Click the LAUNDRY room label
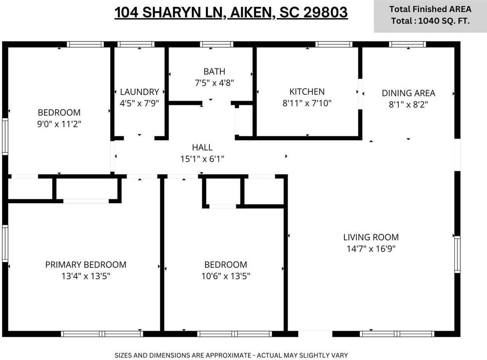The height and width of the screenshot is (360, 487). pyautogui.click(x=139, y=92)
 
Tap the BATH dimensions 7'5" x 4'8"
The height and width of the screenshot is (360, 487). pyautogui.click(x=214, y=83)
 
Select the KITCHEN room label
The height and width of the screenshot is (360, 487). pyautogui.click(x=307, y=91)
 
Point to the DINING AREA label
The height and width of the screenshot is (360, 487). pyautogui.click(x=408, y=93)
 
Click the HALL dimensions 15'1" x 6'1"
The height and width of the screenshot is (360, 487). pyautogui.click(x=202, y=159)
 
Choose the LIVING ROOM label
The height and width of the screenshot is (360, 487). pyautogui.click(x=371, y=237)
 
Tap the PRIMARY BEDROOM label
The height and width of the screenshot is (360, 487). pyautogui.click(x=86, y=264)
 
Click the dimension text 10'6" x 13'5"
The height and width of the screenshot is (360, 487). pyautogui.click(x=225, y=276)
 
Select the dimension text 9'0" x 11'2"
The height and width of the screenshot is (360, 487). pyautogui.click(x=59, y=124)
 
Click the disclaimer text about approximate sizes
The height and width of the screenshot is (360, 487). pyautogui.click(x=231, y=355)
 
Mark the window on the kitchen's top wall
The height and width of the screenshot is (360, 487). pyautogui.click(x=334, y=45)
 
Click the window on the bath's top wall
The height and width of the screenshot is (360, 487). pyautogui.click(x=216, y=45)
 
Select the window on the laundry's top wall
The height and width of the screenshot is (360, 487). pyautogui.click(x=136, y=45)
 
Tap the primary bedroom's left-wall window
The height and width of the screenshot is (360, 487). pyautogui.click(x=5, y=244)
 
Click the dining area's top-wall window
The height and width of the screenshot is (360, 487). pyautogui.click(x=407, y=45)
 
